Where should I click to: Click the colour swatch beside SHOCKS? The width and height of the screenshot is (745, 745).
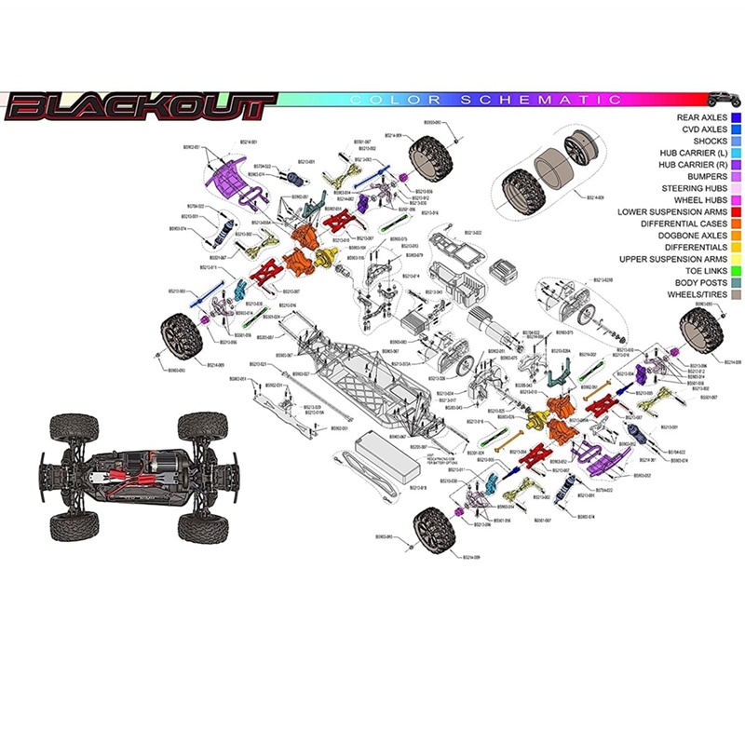(736, 141)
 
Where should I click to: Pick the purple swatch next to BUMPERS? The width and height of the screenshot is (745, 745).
(736, 176)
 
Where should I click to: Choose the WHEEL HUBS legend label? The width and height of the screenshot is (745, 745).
(698, 200)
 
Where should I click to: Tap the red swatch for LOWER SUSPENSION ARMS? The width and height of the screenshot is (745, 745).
(736, 212)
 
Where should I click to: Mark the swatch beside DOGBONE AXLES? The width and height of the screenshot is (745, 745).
(736, 237)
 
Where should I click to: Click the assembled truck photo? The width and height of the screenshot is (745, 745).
(135, 475)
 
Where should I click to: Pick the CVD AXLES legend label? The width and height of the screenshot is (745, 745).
(704, 129)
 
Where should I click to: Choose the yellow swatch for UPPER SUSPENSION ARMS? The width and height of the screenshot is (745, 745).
(736, 260)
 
